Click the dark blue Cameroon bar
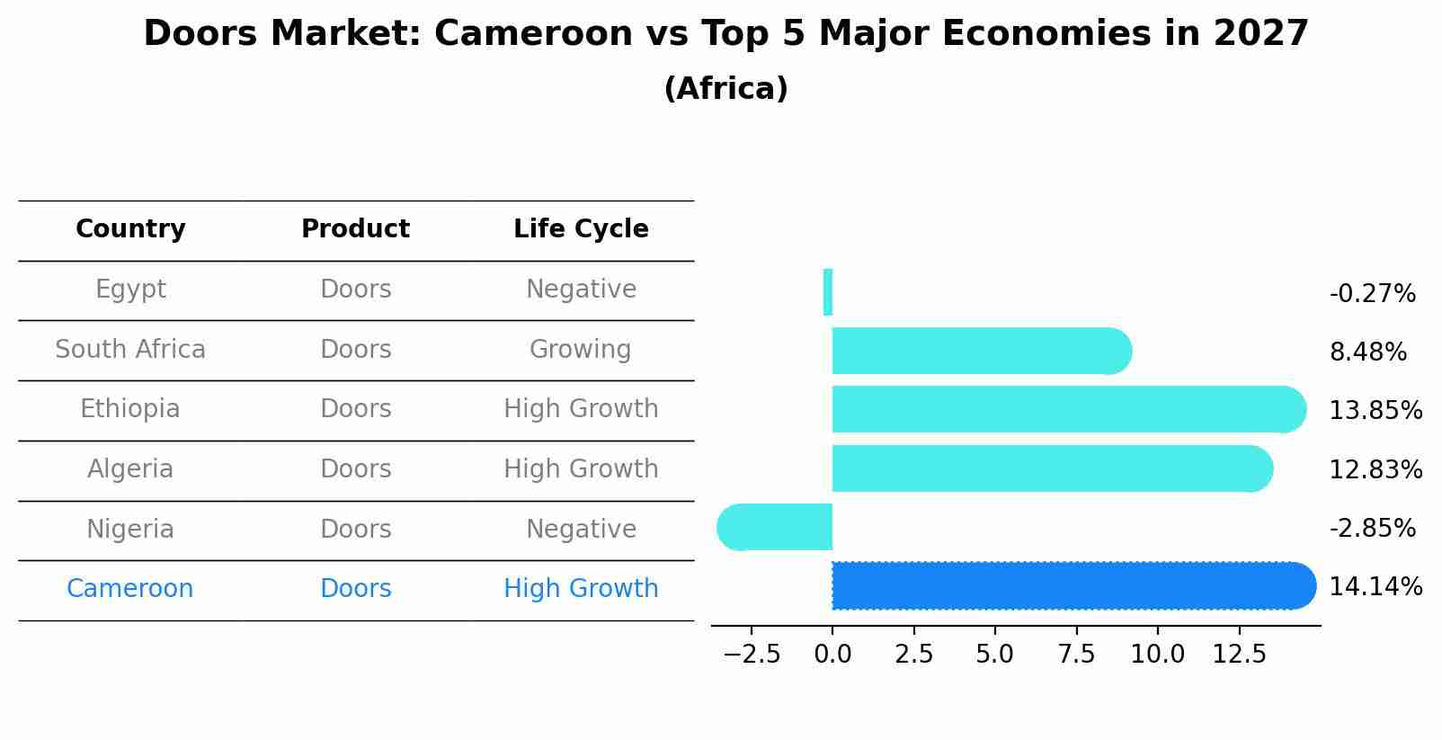(1070, 585)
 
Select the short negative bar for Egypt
(828, 292)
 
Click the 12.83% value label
(1375, 469)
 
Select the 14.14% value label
(1375, 587)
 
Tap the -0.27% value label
(1372, 294)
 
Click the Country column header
(130, 229)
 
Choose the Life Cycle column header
(581, 229)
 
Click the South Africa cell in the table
(130, 350)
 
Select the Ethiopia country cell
(130, 409)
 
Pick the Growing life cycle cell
(581, 350)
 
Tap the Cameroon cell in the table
(130, 589)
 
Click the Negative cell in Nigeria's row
(581, 530)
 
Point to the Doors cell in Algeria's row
(356, 469)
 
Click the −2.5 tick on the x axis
(752, 655)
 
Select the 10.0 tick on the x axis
(1157, 655)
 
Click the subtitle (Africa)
(725, 89)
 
